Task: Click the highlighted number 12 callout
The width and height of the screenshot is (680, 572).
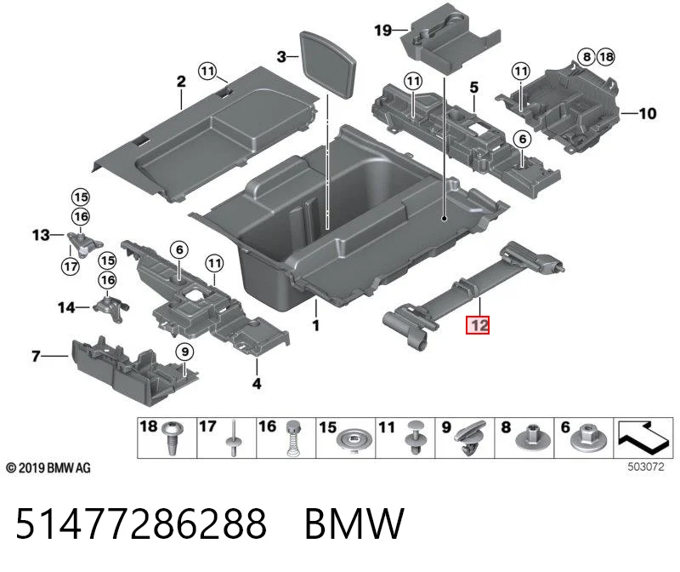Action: pos(478,325)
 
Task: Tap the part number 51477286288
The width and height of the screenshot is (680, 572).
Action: pos(141,523)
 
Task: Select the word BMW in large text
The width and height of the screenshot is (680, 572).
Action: pos(354,523)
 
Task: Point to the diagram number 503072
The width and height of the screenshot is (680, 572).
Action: pos(646,467)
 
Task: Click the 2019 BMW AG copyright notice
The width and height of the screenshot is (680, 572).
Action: pos(48,468)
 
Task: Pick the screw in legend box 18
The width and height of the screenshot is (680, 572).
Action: pos(173,438)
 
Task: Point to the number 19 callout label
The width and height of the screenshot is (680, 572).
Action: pos(383,31)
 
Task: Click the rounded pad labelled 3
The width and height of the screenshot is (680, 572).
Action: pos(328,65)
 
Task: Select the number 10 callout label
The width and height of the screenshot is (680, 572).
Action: pos(648,114)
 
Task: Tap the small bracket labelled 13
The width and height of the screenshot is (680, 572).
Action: pos(85,244)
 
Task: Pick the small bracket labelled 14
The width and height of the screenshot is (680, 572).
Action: pos(110,306)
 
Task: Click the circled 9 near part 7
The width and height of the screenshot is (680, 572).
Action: pos(184,352)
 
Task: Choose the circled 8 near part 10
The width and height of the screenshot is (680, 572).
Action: pos(586,57)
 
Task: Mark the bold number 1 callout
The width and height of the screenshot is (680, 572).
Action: pos(316,325)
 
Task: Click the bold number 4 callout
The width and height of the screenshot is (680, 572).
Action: pos(257,384)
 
